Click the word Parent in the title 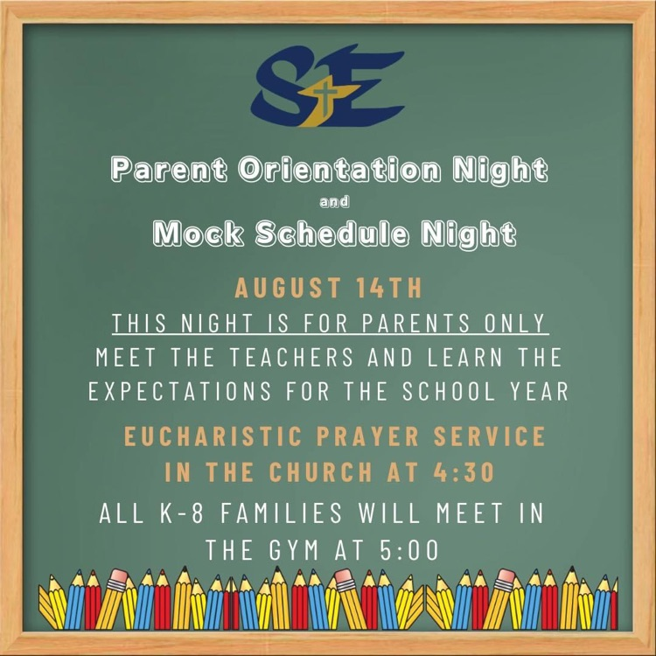point(169,170)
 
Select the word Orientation point(339,170)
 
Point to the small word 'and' point(334,202)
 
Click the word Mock point(199,233)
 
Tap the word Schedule point(331,233)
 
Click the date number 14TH point(389,288)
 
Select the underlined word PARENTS point(415,323)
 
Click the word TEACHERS point(291,357)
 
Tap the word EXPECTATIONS point(180,391)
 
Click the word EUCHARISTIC point(213,436)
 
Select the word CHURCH point(320,472)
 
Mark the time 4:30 point(464,472)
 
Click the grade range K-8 point(182,513)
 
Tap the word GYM point(294,550)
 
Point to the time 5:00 point(409,550)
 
